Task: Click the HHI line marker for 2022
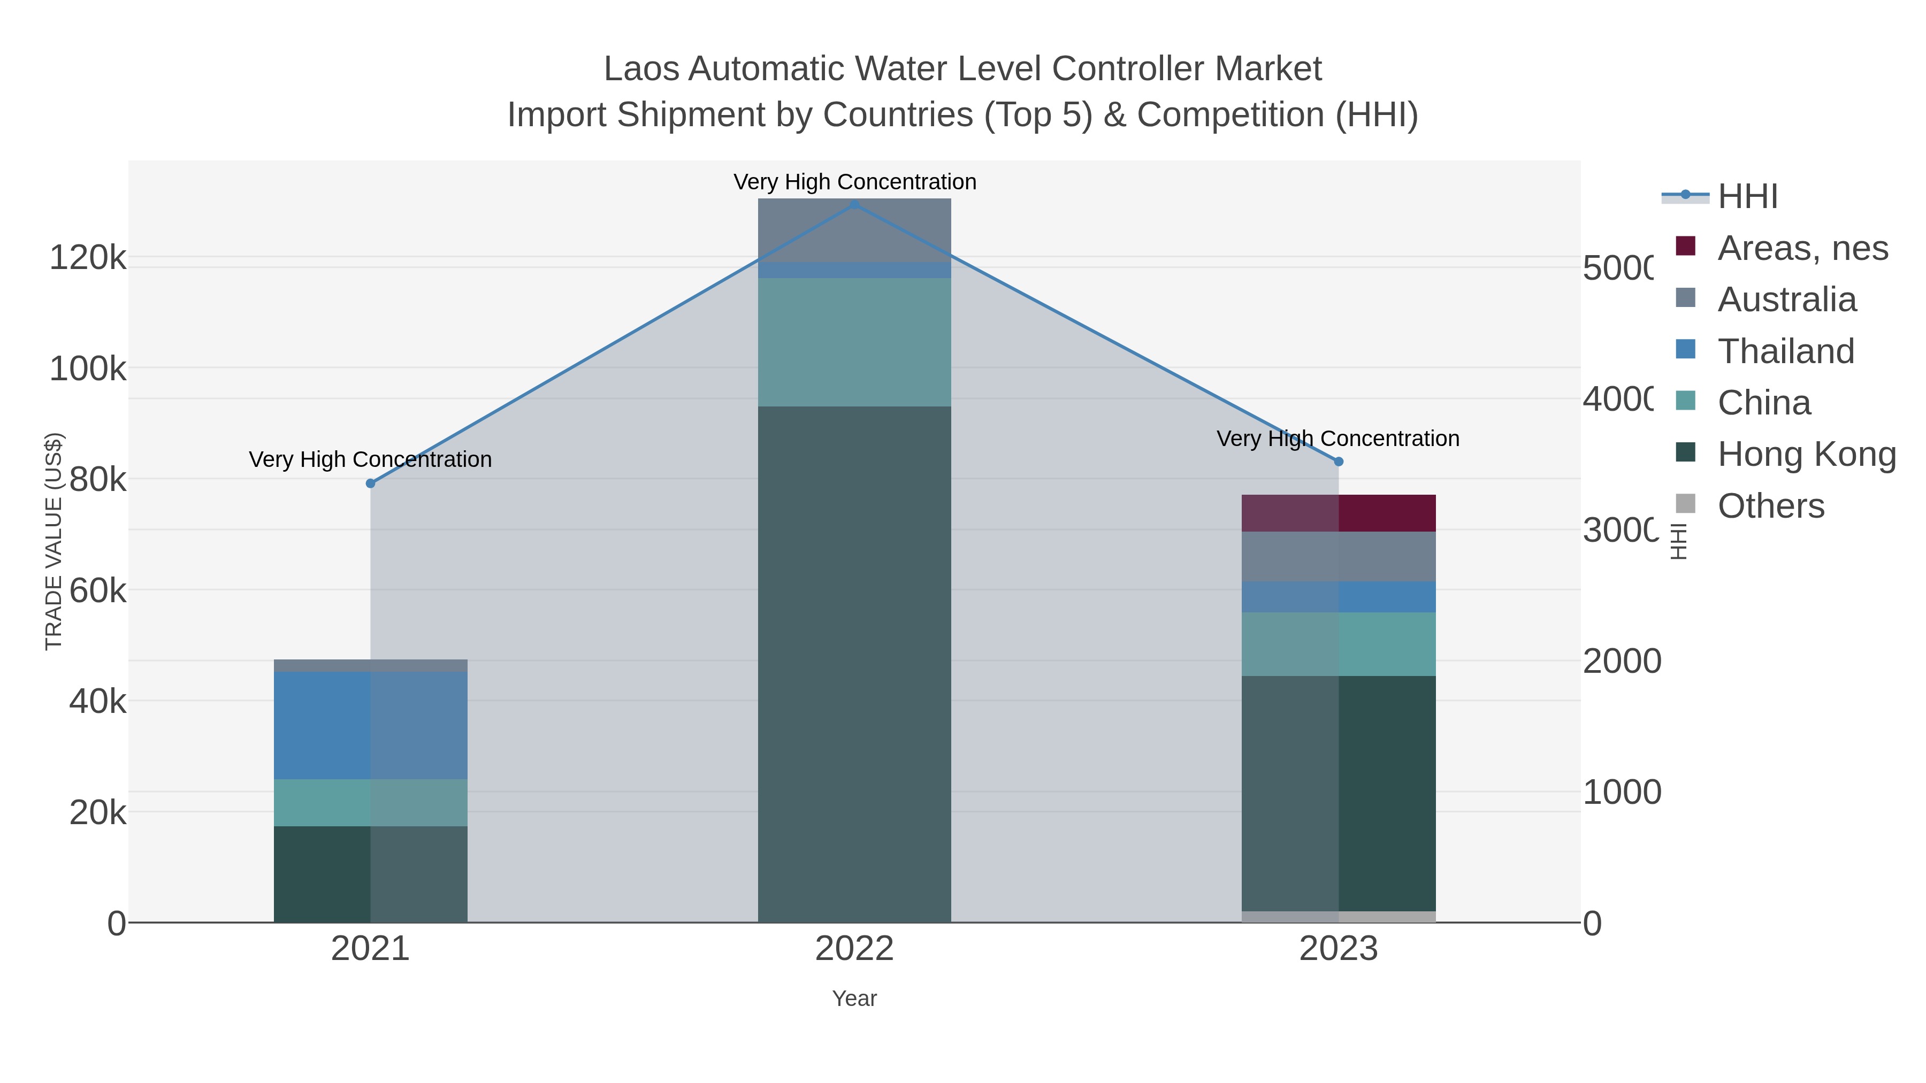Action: [854, 204]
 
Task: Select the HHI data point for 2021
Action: [370, 483]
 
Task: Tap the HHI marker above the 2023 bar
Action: [1339, 462]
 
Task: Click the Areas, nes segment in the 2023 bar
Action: [1339, 513]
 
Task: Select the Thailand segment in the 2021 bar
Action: [370, 725]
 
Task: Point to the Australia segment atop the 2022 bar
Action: [854, 229]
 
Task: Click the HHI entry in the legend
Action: [1747, 197]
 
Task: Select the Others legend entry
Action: [1770, 506]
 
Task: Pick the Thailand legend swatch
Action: [1685, 349]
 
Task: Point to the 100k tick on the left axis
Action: [88, 368]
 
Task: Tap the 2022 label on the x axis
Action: [854, 949]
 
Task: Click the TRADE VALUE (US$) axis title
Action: [54, 541]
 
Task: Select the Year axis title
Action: [854, 998]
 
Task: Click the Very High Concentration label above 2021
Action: [370, 459]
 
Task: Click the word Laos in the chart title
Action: [641, 69]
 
